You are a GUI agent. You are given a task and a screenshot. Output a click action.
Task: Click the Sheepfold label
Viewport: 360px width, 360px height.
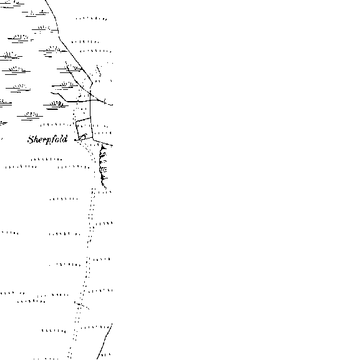47,140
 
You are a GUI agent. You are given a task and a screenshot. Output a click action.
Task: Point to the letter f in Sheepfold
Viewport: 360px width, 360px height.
54,140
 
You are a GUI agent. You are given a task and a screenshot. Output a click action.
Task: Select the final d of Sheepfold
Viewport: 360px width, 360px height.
66,139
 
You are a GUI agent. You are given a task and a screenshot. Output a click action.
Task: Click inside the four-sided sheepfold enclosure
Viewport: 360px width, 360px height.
84,129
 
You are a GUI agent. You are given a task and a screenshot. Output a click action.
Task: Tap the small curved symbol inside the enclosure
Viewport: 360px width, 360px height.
83,137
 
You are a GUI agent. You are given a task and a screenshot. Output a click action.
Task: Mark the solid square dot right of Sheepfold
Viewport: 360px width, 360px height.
75,140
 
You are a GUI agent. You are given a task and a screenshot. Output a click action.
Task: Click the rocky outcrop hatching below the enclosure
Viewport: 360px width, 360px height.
103,166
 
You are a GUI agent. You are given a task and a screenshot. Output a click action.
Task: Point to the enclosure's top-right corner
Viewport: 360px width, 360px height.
90,117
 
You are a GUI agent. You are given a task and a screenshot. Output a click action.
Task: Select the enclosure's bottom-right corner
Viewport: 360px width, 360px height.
92,138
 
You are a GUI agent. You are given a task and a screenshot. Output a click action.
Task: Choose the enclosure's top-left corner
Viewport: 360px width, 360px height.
75,121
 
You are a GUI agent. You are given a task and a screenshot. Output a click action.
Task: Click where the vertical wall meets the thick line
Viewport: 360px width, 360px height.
90,100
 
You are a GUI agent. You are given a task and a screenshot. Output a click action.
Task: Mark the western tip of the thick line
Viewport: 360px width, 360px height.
51,93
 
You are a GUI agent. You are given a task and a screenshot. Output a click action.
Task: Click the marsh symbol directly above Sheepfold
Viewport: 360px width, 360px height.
30,115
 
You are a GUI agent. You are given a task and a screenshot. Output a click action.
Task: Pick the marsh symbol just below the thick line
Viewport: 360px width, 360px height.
56,105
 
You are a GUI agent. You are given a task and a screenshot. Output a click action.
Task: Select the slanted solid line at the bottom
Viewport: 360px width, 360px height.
104,341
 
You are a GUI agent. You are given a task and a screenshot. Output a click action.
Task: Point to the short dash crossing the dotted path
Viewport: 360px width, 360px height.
82,305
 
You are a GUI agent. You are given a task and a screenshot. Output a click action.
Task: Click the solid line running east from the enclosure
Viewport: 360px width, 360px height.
102,142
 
